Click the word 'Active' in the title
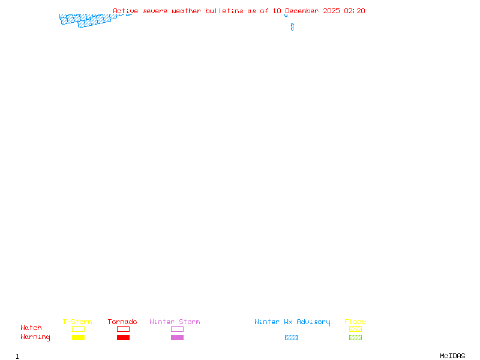(126, 11)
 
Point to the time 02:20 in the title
(355, 11)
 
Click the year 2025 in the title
(332, 11)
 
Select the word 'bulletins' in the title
(224, 11)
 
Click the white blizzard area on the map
(291, 19)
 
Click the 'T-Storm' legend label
(77, 322)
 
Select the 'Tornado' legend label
(122, 322)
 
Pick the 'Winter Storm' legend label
(175, 322)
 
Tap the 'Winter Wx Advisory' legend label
(292, 322)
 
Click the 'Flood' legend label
(355, 322)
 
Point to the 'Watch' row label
(31, 328)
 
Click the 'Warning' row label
(35, 337)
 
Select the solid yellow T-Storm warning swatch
(78, 338)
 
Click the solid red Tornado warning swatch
(123, 338)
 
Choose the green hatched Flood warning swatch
(355, 338)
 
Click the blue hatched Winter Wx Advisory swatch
(291, 338)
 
